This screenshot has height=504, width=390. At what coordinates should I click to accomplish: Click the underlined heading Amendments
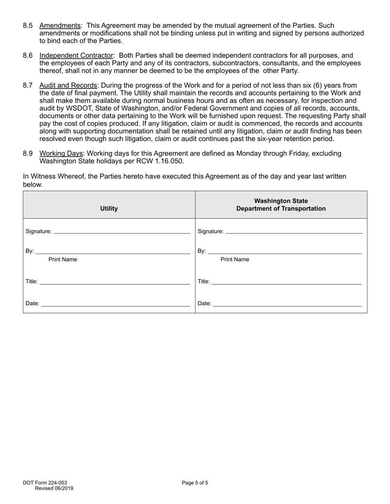pyautogui.click(x=60, y=25)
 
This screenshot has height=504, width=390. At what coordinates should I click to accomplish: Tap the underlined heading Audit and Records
pyautogui.click(x=68, y=85)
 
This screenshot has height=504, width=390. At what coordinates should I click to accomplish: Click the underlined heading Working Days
pyautogui.click(x=61, y=153)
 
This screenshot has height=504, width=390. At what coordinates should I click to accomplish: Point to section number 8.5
pyautogui.click(x=28, y=25)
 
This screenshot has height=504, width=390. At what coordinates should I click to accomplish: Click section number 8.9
pyautogui.click(x=28, y=153)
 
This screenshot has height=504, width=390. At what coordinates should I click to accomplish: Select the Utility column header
pyautogui.click(x=109, y=209)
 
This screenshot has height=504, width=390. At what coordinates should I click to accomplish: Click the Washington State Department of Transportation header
pyautogui.click(x=281, y=205)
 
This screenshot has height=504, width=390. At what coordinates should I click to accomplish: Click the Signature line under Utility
pyautogui.click(x=122, y=232)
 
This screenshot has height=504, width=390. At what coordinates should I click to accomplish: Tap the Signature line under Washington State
pyautogui.click(x=294, y=232)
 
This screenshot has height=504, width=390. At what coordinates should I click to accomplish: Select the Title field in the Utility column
pyautogui.click(x=115, y=282)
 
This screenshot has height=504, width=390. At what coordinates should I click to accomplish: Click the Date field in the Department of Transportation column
pyautogui.click(x=287, y=304)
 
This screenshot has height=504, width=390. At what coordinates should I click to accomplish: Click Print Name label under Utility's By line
pyautogui.click(x=63, y=260)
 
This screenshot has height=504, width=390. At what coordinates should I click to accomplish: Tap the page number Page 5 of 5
pyautogui.click(x=195, y=483)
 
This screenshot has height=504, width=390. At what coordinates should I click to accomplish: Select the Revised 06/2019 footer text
pyautogui.click(x=54, y=488)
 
